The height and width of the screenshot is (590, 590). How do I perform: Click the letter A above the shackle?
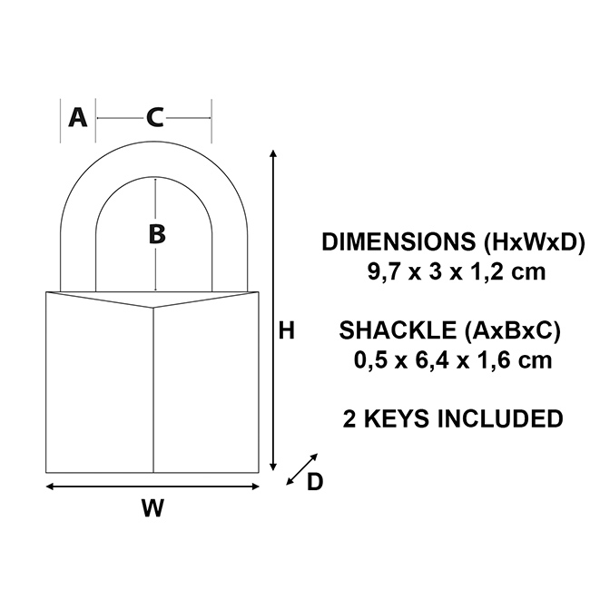pos(79,117)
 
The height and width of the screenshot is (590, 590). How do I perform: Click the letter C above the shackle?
pos(155,117)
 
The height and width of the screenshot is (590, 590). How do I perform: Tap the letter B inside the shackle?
pos(157,234)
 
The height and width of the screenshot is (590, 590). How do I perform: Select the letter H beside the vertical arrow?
pos(287,332)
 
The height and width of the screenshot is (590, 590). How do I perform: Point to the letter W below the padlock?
pos(153,508)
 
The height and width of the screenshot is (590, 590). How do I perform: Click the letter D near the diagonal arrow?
pos(314,482)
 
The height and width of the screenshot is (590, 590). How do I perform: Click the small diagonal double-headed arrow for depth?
pos(301,467)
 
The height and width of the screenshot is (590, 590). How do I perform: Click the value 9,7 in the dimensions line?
pos(379,271)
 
